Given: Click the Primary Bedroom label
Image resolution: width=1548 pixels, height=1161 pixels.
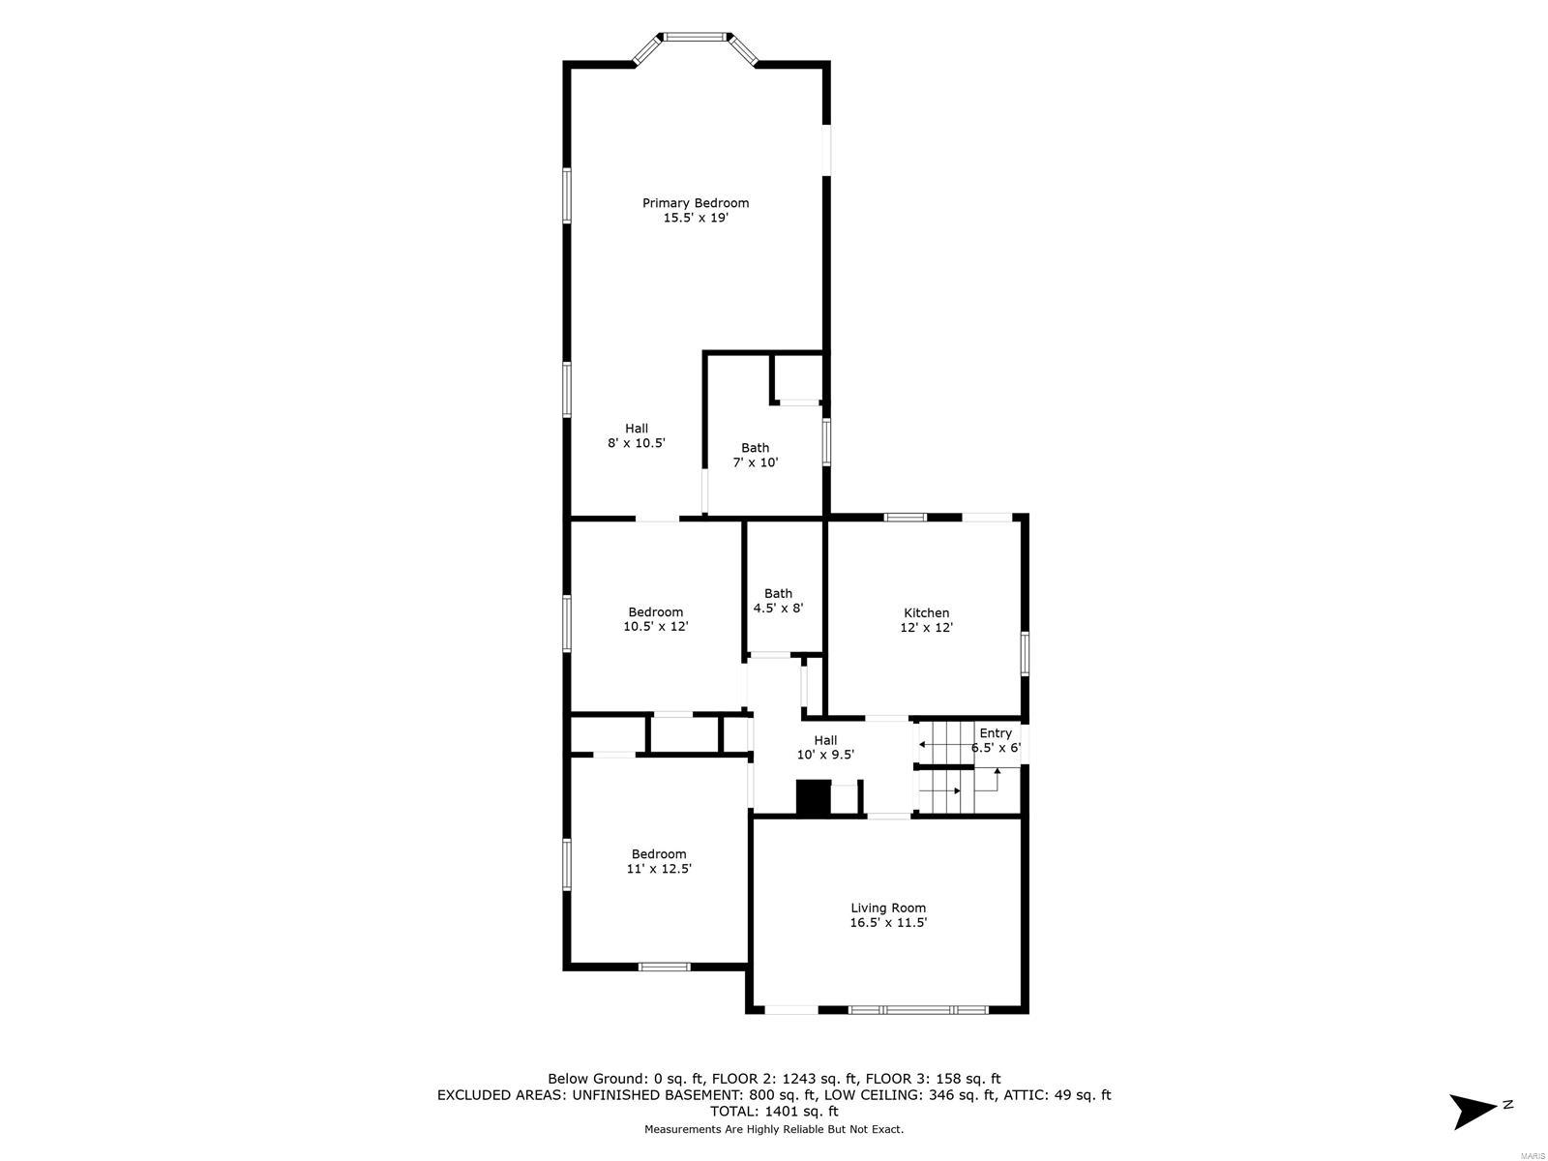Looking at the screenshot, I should point(696,203).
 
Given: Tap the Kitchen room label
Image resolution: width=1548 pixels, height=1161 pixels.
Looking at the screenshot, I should point(926,612).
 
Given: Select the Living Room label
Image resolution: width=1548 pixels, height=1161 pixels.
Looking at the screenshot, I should point(888,908).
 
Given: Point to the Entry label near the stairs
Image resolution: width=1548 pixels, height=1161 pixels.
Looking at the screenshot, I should point(995,733).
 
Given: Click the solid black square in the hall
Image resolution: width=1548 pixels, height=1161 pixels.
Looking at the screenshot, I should point(813,798).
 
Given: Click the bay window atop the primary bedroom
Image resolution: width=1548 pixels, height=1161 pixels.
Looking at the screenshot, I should point(695,38).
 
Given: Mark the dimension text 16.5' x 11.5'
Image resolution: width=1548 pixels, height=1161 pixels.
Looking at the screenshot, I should point(888,923).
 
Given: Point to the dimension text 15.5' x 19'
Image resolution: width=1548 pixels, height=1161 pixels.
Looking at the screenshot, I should point(695,219).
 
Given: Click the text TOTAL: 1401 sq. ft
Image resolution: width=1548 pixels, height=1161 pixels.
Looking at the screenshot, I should point(773,1112).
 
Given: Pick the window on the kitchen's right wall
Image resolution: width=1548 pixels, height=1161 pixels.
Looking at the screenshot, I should point(1025,651).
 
